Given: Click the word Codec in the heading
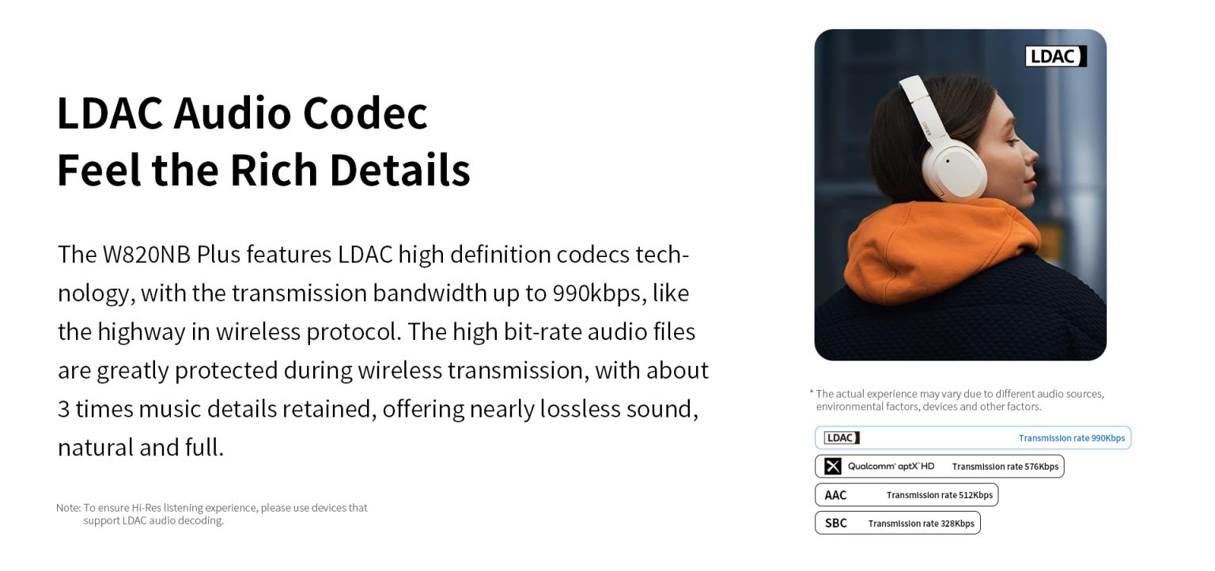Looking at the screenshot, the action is (x=365, y=113).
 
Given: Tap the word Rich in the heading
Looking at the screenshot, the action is (x=274, y=170).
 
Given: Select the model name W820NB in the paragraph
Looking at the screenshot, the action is (x=146, y=255).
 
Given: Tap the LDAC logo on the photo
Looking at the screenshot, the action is (x=1055, y=56).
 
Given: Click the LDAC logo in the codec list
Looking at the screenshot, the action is (x=842, y=437).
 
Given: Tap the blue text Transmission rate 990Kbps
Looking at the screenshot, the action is (x=1071, y=438).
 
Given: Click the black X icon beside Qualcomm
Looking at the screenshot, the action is (x=833, y=467).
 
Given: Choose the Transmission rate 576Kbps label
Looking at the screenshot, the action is (x=1005, y=467).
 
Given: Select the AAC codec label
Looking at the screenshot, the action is (x=835, y=495).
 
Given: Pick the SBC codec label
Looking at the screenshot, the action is (x=836, y=524).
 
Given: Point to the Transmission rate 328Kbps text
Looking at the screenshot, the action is (x=921, y=524).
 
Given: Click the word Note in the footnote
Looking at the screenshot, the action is (x=68, y=508).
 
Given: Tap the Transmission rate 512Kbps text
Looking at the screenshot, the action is (x=940, y=495).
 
